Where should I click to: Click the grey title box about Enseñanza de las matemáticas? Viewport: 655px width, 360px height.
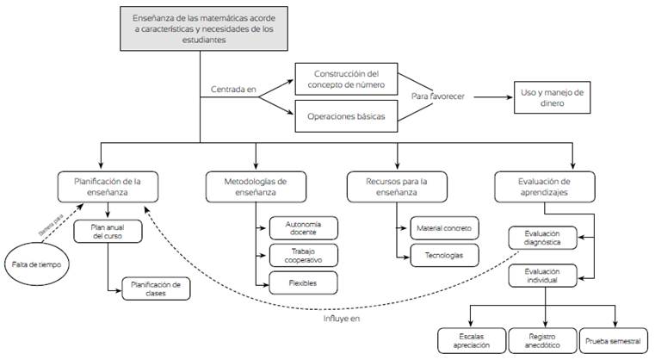coord(200,28)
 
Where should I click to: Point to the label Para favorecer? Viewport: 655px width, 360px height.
coord(437,97)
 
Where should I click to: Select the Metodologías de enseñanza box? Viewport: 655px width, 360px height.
coord(256,187)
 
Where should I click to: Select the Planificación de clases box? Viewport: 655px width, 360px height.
coord(156,289)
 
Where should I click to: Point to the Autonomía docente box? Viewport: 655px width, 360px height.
coord(303,227)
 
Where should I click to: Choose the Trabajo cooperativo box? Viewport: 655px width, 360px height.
coord(303,255)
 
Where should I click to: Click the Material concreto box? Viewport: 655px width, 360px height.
coord(445,227)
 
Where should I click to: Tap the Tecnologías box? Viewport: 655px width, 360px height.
coord(445,255)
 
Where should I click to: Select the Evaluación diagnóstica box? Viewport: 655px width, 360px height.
coord(542,238)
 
